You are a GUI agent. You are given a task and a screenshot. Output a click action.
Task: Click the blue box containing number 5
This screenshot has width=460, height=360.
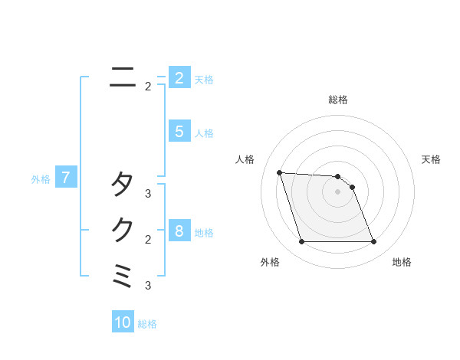(179, 132)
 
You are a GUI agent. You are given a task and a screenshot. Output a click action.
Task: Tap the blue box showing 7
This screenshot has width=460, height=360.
(66, 178)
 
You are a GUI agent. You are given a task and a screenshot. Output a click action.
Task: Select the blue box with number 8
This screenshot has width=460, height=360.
(179, 231)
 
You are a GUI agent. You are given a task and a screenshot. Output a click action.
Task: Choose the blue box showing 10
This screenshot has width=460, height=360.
(123, 322)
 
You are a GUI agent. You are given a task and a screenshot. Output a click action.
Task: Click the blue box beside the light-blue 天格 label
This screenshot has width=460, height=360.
(179, 77)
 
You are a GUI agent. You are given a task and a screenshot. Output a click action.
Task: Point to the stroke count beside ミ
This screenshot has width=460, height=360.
(148, 286)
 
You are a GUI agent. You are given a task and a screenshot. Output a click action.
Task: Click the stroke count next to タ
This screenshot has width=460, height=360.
(148, 194)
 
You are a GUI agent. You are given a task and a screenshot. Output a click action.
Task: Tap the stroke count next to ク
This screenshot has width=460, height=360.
(148, 240)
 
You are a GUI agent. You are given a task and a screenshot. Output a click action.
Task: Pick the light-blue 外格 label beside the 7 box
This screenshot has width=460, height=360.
(41, 179)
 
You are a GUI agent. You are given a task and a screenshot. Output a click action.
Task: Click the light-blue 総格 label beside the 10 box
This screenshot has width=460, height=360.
(147, 324)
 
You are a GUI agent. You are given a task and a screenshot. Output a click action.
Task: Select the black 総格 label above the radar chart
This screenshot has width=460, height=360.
(338, 100)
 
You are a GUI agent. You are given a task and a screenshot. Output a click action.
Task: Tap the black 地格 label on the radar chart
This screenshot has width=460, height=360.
(402, 262)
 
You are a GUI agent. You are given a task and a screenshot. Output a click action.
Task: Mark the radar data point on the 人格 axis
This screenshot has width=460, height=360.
(279, 172)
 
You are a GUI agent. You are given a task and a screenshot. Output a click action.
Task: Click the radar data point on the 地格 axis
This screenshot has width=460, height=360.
(373, 242)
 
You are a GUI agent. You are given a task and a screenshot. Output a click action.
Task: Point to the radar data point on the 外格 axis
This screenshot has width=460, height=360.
(301, 242)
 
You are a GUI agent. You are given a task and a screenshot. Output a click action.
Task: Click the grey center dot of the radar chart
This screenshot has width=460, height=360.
(337, 192)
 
